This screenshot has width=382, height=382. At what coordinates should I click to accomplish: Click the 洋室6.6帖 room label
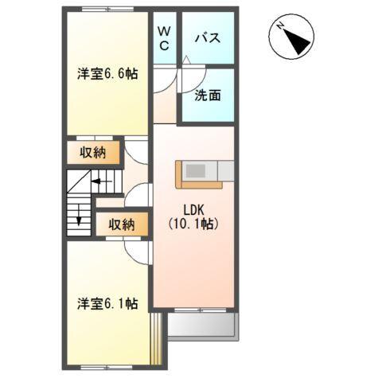point(107,74)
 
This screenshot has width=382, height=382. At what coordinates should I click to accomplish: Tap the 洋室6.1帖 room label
point(107,303)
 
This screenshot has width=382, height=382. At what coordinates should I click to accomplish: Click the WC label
point(163,39)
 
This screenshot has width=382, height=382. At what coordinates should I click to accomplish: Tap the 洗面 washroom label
point(208,95)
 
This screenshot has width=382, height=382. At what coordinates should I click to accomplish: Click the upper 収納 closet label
point(92,152)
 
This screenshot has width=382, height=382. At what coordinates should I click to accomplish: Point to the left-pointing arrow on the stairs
point(99,181)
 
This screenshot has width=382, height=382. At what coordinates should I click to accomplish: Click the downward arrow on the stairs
point(80,216)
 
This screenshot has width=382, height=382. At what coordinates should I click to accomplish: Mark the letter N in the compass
point(282,27)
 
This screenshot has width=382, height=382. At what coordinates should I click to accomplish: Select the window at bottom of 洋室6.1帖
point(106,367)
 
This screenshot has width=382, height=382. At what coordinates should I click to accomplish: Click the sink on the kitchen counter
point(196,170)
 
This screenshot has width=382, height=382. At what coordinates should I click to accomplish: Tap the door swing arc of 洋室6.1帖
point(138,252)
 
